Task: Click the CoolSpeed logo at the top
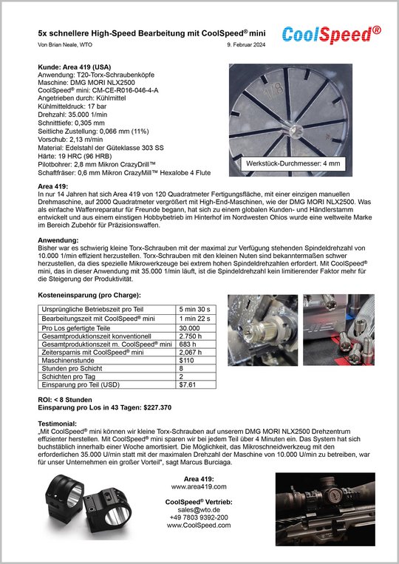332,35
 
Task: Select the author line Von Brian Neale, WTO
65,45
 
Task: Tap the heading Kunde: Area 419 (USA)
75,67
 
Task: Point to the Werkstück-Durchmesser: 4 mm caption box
293,163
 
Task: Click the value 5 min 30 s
194,309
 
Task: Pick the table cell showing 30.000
189,328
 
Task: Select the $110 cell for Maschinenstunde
186,361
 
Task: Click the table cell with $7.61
187,384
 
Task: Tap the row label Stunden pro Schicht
72,368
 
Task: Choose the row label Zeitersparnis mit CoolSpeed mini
93,353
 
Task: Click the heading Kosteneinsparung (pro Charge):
89,296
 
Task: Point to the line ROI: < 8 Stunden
65,400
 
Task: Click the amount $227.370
157,407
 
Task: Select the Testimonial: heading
58,424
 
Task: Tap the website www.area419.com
199,486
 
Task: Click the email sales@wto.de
199,510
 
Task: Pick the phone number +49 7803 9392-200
199,517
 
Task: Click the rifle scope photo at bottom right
325,509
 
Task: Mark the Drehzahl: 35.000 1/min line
72,115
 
